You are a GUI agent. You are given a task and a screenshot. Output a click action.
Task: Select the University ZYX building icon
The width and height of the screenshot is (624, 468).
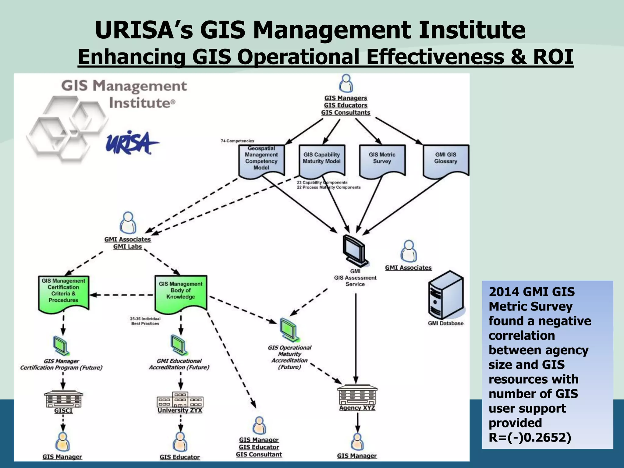(180, 399)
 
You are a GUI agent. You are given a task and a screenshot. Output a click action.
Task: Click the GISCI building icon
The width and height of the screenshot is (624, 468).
(63, 399)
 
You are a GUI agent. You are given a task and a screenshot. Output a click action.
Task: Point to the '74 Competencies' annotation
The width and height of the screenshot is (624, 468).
(237, 141)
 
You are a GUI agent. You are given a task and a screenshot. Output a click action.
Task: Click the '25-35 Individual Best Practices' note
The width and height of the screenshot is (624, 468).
(145, 321)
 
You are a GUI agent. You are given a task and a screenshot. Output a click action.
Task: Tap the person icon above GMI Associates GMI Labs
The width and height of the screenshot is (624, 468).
(128, 223)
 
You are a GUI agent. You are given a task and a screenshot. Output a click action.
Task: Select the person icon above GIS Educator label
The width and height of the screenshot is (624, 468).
(180, 441)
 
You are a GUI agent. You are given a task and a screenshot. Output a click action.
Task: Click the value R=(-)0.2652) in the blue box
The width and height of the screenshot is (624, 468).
(530, 437)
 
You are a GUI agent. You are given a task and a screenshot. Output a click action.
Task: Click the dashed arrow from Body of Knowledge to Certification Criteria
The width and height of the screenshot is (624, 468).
(122, 295)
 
